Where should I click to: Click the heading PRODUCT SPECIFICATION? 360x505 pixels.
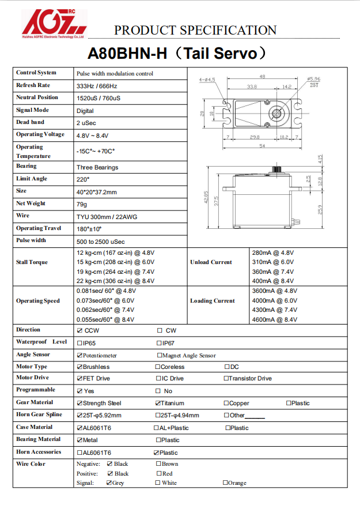[195, 30]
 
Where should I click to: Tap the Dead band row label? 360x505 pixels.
[31, 122]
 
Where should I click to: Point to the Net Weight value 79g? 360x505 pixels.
[82, 204]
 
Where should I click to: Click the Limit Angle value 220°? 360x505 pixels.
[83, 179]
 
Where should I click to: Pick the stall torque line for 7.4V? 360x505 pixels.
[115, 272]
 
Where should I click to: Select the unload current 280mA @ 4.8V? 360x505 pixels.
[273, 252]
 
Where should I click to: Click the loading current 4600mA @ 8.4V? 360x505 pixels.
[275, 319]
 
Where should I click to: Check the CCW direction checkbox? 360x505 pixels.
[79, 330]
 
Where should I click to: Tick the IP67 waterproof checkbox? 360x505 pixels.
[160, 342]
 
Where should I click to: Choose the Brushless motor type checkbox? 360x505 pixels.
[79, 367]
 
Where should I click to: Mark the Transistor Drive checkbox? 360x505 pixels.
[226, 379]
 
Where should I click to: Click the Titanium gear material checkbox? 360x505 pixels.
[158, 403]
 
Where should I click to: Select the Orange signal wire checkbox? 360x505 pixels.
[225, 483]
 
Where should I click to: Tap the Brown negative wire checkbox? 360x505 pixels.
[158, 463]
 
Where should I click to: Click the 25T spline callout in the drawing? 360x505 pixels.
[314, 85]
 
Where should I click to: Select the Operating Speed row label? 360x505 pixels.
[37, 301]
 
